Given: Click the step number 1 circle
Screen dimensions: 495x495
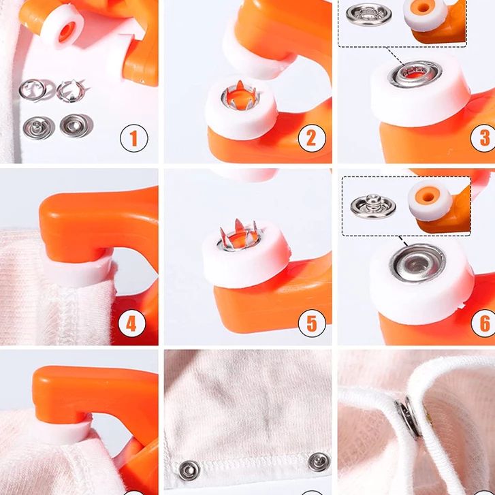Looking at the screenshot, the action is point(134,138).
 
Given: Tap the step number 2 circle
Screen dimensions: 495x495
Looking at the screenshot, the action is point(312,138).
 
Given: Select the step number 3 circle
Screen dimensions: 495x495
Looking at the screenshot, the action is point(484,138).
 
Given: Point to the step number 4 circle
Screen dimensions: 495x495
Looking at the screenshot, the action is point(131,323).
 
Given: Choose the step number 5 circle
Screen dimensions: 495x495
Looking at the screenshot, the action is point(312,323).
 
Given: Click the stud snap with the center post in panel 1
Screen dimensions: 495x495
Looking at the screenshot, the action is point(39,127).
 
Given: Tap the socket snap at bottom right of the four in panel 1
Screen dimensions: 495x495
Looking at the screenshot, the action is point(76,125).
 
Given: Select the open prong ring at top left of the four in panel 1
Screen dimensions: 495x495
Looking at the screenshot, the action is point(33,90).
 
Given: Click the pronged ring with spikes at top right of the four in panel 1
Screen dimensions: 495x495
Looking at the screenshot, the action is point(72,91).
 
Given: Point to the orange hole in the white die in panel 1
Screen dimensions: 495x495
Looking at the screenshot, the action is point(67,31).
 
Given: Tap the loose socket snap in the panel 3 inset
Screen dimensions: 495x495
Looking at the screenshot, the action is point(369,14).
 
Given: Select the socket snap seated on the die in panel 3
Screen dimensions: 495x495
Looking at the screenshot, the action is point(415,74).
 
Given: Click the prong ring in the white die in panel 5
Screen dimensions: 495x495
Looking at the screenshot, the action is point(239,236).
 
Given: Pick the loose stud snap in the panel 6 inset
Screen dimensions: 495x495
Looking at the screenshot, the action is point(373,206).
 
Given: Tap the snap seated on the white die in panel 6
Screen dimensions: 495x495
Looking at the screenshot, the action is point(417,263).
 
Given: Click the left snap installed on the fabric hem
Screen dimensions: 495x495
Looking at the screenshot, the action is point(189,470).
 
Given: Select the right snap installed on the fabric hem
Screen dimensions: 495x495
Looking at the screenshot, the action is point(319,462).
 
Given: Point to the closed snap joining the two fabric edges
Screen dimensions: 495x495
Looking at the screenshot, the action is point(409,416).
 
